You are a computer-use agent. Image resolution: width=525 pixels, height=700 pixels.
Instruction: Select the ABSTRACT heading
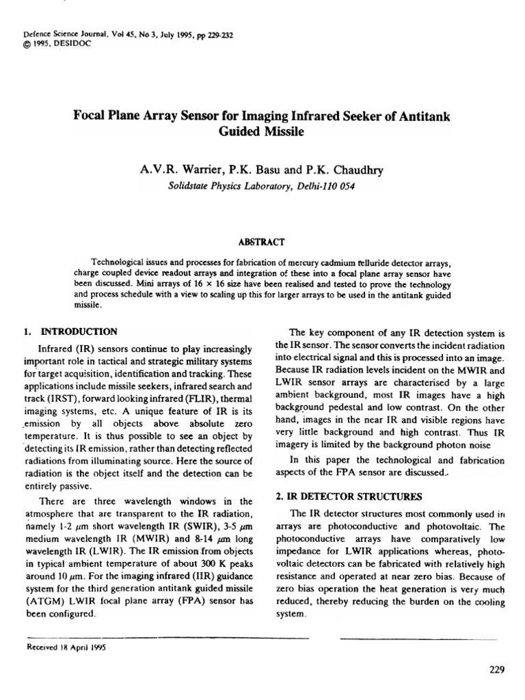tap(262, 242)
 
